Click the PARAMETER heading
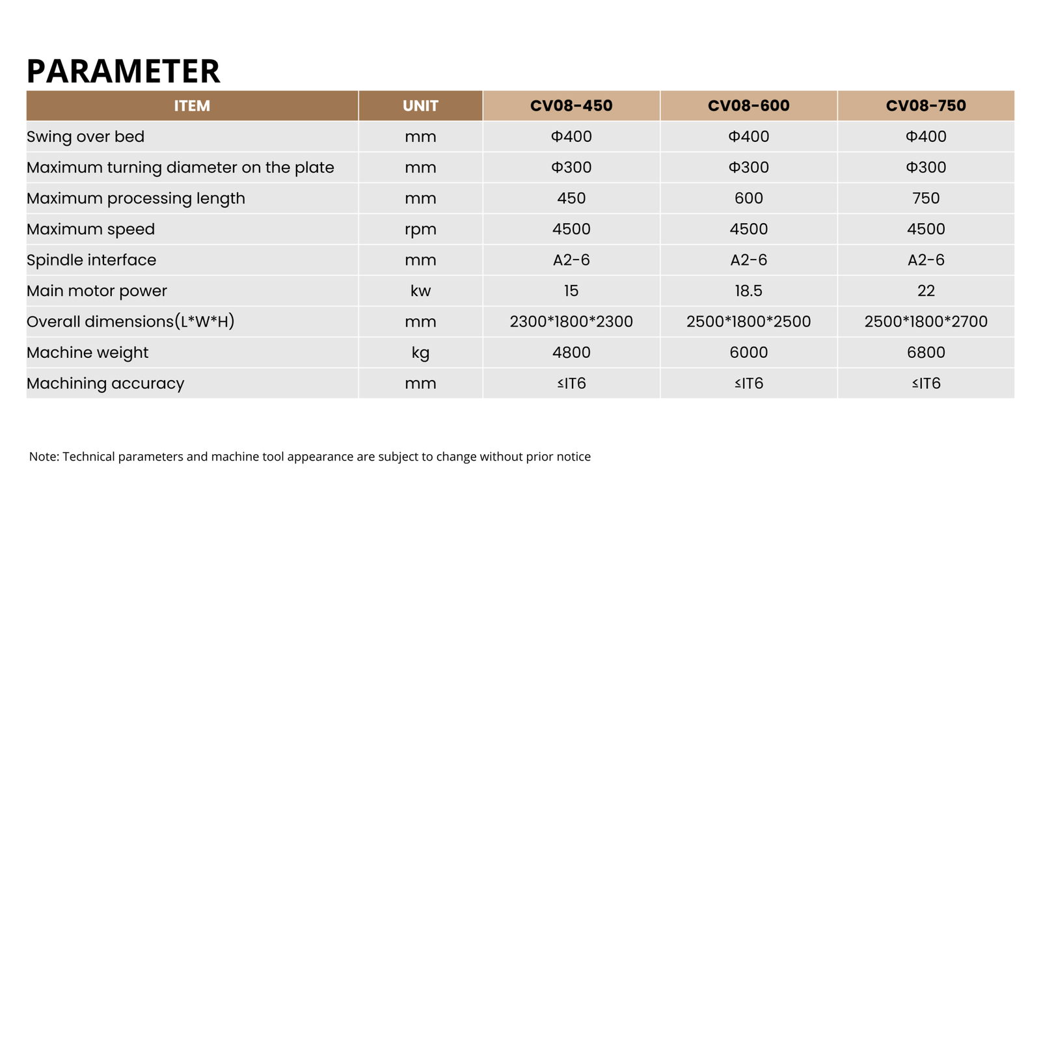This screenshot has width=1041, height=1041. (123, 71)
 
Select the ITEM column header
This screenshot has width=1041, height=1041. (192, 106)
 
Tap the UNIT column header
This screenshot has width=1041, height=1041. (420, 106)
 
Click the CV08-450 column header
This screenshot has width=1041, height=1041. (571, 106)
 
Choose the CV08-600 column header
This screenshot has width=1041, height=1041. (748, 106)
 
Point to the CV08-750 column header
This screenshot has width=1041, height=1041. (926, 106)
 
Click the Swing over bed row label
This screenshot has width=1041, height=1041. (85, 137)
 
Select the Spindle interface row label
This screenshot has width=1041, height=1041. (91, 260)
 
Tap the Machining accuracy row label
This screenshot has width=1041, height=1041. (105, 383)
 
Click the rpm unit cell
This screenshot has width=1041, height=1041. (420, 229)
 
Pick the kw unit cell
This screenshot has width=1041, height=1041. (420, 291)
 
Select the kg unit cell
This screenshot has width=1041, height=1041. (420, 353)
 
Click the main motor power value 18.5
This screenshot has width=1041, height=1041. (748, 291)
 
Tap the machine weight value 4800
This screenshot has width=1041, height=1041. (571, 353)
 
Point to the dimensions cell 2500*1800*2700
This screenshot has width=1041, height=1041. (926, 321)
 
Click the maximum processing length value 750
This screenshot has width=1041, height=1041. (926, 198)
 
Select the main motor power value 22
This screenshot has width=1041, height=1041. (926, 291)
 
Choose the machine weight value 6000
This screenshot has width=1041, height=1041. (748, 353)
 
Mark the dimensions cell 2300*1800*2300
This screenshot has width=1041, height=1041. (571, 321)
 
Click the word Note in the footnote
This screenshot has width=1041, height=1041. (43, 457)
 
